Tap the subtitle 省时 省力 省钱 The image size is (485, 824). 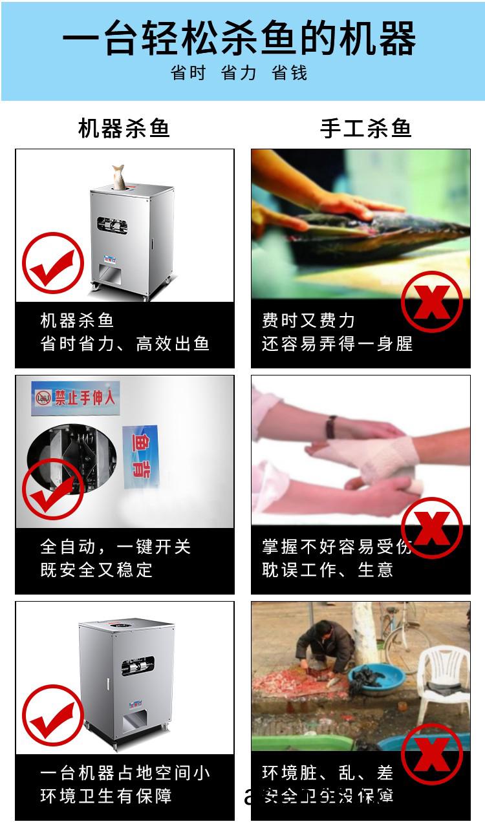[239, 73]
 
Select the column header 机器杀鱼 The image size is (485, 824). [124, 128]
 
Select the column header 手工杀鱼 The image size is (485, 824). [366, 128]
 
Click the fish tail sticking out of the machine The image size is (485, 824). [119, 176]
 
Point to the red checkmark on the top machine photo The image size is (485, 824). [53, 264]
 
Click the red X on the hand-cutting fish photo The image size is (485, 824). [431, 301]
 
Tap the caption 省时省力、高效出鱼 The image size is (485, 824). [125, 344]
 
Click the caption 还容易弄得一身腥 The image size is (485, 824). [337, 344]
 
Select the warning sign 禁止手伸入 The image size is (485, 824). [76, 397]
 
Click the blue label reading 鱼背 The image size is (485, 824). [141, 456]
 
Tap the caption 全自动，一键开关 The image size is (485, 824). [116, 547]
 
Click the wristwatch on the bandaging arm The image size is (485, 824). [331, 427]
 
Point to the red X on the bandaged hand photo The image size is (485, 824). [431, 527]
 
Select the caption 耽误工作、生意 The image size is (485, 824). [327, 570]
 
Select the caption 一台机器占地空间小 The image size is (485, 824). [125, 773]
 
